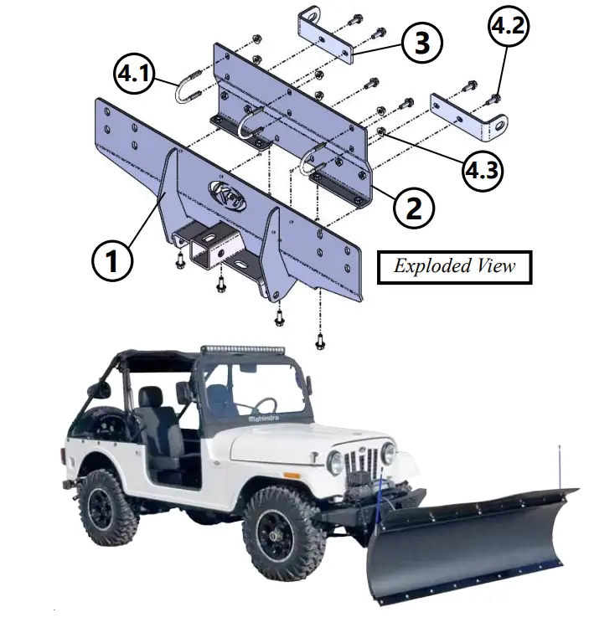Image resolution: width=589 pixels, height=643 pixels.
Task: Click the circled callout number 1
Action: click(111, 261)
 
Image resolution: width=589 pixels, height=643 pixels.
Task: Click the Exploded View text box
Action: click(454, 267)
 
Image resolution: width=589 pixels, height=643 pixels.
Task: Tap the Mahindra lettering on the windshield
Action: click(264, 417)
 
